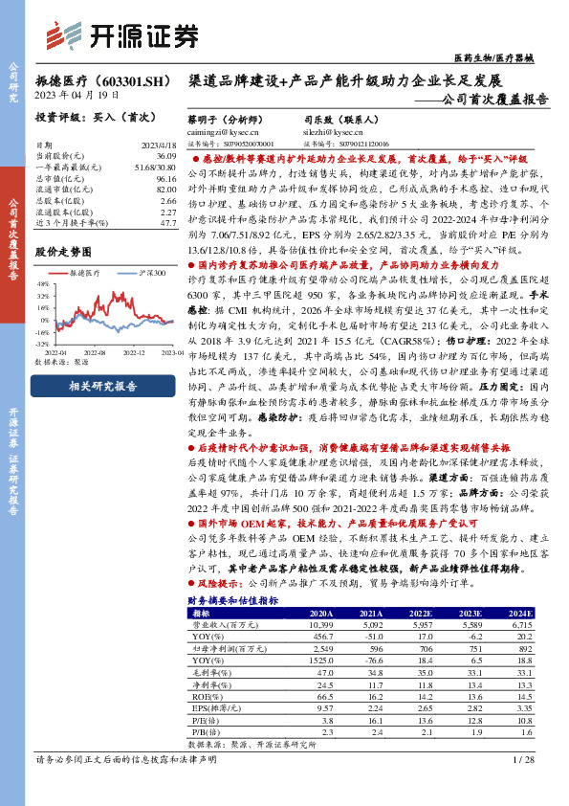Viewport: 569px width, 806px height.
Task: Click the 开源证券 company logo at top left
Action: point(134,34)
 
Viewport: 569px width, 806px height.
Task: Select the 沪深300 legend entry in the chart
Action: point(143,273)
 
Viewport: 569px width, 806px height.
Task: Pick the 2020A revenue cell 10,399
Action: point(321,623)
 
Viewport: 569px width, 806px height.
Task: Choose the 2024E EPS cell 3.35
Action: point(521,706)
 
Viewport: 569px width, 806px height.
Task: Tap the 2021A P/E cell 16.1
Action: point(373,719)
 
